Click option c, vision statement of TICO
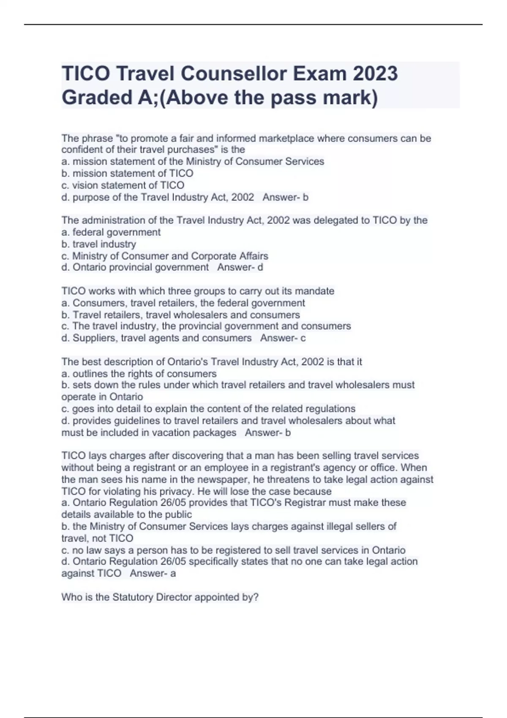[123, 185]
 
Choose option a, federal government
[111, 232]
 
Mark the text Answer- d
[240, 267]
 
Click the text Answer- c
[283, 338]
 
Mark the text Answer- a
[153, 573]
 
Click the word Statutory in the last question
[133, 597]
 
